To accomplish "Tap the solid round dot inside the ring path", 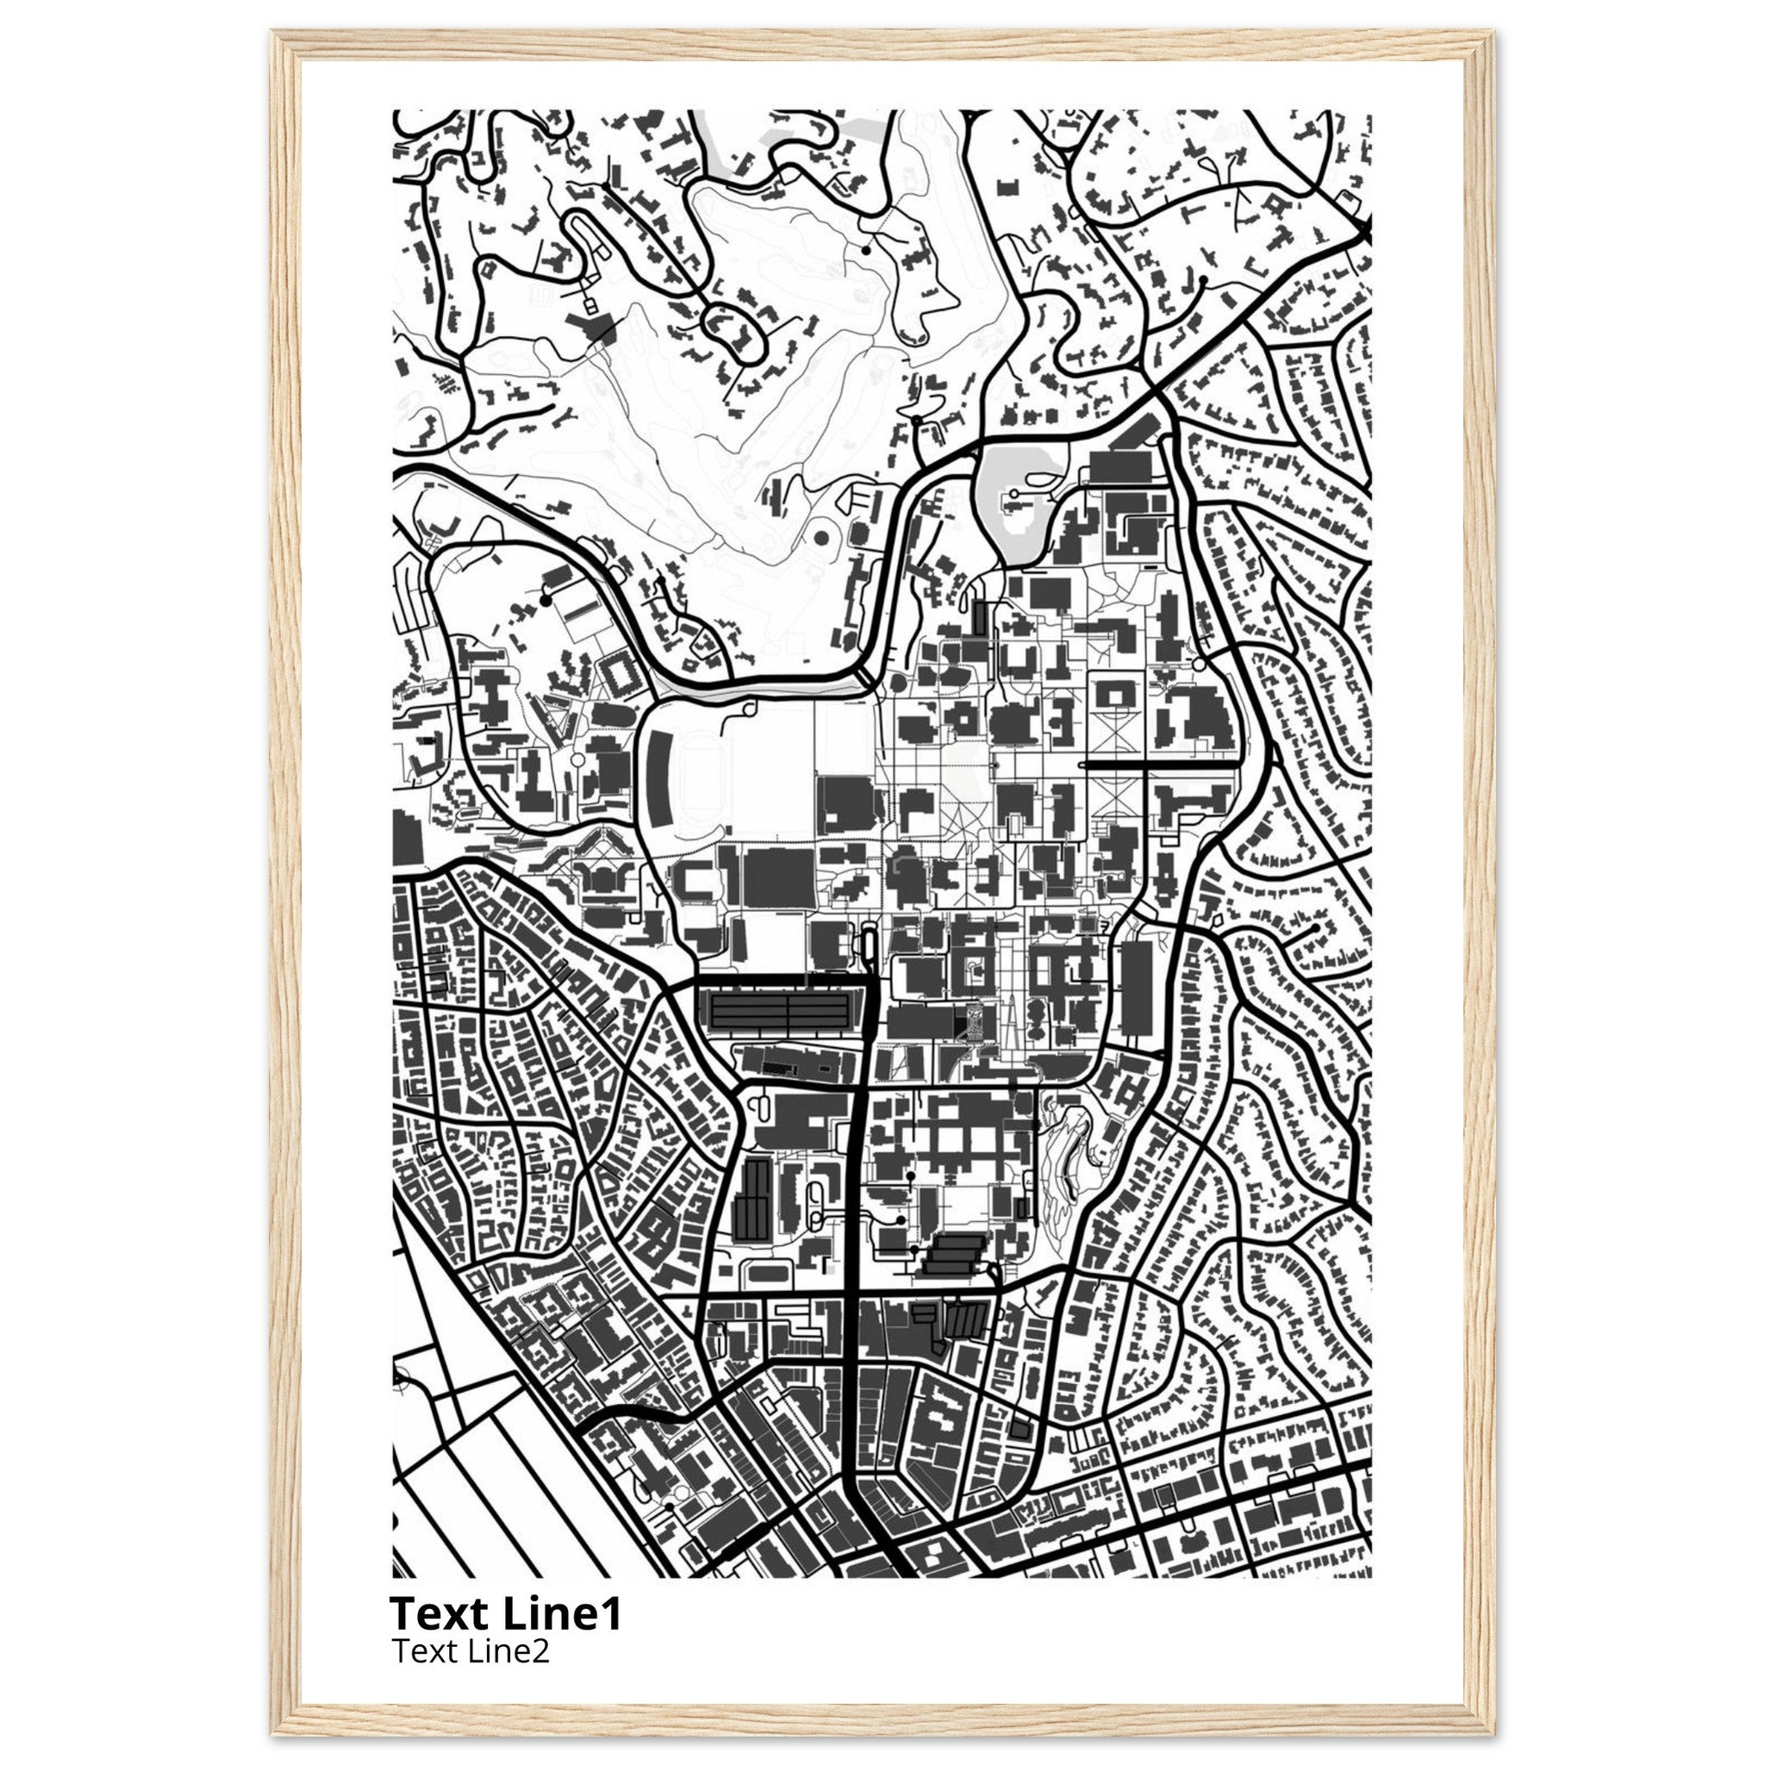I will [x=820, y=539].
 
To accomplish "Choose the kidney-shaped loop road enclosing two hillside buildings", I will [x=736, y=334].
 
